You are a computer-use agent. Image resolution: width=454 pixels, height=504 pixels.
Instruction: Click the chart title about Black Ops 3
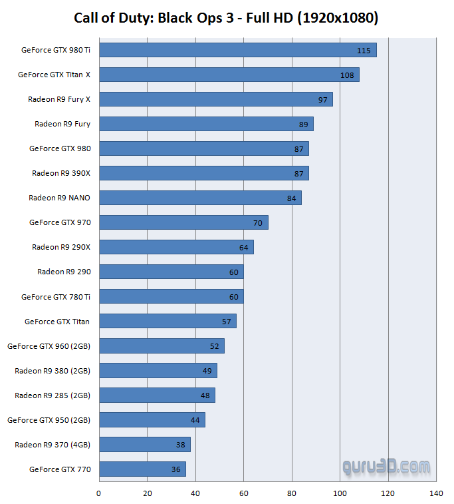tap(226, 18)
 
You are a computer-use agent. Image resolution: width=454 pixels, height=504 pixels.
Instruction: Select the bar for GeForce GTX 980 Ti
tap(237, 50)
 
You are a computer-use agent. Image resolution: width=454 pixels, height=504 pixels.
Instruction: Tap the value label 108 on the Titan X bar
tap(347, 75)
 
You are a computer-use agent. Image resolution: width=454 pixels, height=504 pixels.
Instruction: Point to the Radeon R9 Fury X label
tap(59, 99)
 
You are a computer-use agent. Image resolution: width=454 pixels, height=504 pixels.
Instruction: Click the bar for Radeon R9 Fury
tap(206, 124)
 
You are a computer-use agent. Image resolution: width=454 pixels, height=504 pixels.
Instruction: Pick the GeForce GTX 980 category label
tap(60, 148)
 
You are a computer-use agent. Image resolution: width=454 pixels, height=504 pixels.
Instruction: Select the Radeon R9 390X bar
tap(203, 173)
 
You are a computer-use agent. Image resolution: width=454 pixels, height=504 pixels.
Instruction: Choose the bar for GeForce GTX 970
tap(183, 222)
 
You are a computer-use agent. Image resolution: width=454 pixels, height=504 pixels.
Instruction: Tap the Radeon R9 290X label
tap(61, 247)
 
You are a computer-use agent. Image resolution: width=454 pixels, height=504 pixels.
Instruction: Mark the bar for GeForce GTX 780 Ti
tap(171, 296)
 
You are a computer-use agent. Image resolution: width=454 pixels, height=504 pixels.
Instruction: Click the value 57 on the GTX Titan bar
tap(226, 322)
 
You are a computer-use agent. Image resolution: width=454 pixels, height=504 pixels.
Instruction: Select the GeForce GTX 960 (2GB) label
tap(49, 346)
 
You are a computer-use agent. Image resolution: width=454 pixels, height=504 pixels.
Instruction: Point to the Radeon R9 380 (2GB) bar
tap(158, 371)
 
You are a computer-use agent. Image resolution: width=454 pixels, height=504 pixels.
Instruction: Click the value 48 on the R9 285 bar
tap(204, 395)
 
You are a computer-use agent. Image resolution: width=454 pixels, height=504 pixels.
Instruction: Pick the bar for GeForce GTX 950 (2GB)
tap(152, 420)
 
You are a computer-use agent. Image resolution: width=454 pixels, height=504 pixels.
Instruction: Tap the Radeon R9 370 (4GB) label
tap(53, 445)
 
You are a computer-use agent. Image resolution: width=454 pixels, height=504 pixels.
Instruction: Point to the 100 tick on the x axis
tap(340, 493)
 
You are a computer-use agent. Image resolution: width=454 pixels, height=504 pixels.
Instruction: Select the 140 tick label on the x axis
tap(437, 493)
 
